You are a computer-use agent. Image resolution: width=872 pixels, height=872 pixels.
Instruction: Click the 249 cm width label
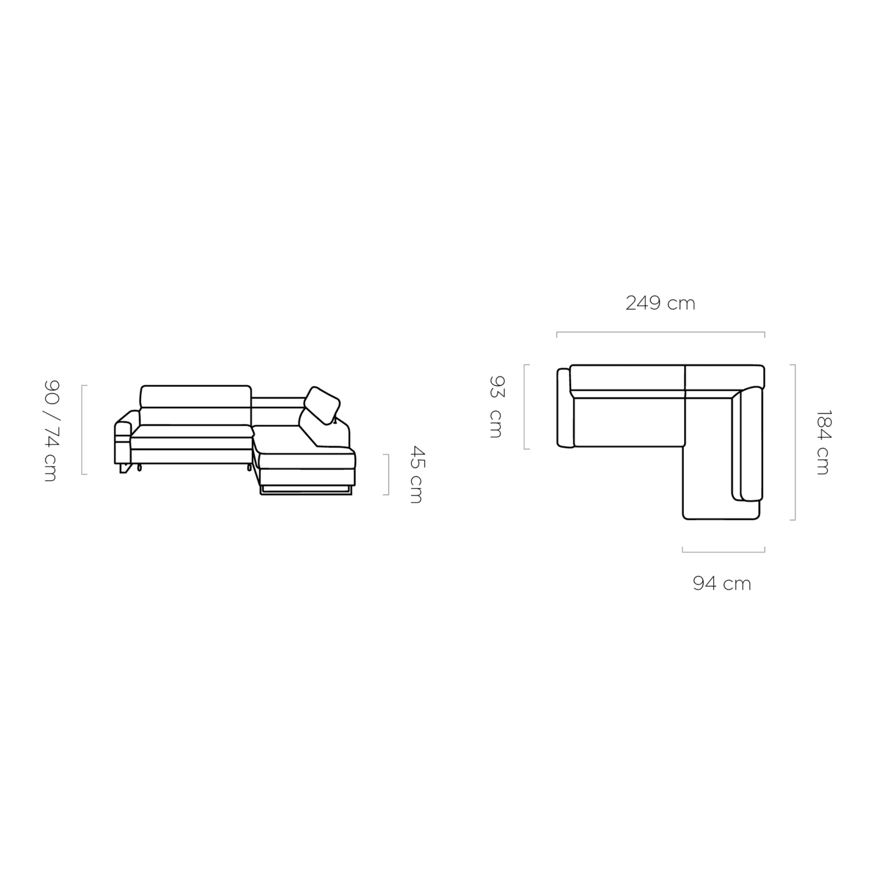pos(660,303)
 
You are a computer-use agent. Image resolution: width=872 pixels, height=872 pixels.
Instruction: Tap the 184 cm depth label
pos(823,442)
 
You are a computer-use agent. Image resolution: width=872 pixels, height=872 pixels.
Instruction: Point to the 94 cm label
pos(722,584)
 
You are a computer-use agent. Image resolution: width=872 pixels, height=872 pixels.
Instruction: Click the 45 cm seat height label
pos(416,474)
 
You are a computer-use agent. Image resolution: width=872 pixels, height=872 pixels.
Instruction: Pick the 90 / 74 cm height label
pos(51,431)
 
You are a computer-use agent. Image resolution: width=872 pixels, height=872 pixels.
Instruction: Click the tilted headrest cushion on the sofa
pos(322,405)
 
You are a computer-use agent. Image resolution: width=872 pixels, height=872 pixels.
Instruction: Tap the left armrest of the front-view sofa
pos(122,437)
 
